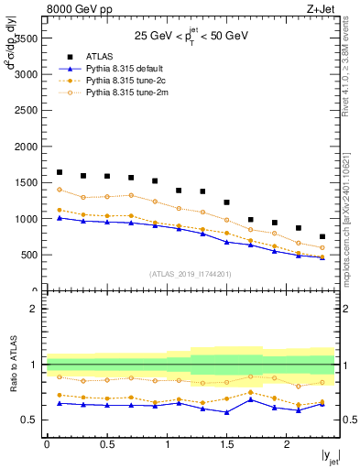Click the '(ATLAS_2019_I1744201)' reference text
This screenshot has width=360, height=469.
pos(191,273)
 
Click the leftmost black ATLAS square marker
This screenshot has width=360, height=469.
pos(60,172)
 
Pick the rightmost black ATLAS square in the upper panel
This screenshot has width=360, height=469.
pos(322,236)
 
